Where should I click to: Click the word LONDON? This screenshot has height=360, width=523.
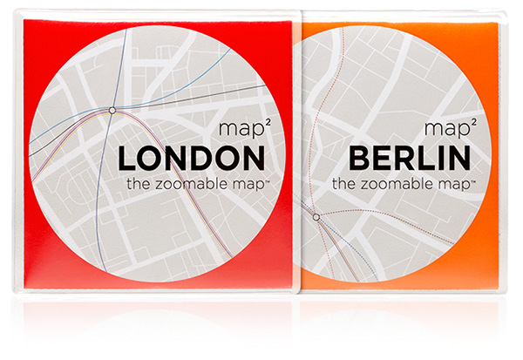click(191, 159)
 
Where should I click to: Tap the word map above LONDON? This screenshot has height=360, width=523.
click(234, 132)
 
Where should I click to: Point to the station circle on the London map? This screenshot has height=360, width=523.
click(112, 110)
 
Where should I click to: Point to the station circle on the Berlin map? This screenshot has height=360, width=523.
click(316, 216)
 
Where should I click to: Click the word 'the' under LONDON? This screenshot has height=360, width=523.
click(137, 184)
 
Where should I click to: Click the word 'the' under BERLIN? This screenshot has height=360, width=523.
click(345, 184)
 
